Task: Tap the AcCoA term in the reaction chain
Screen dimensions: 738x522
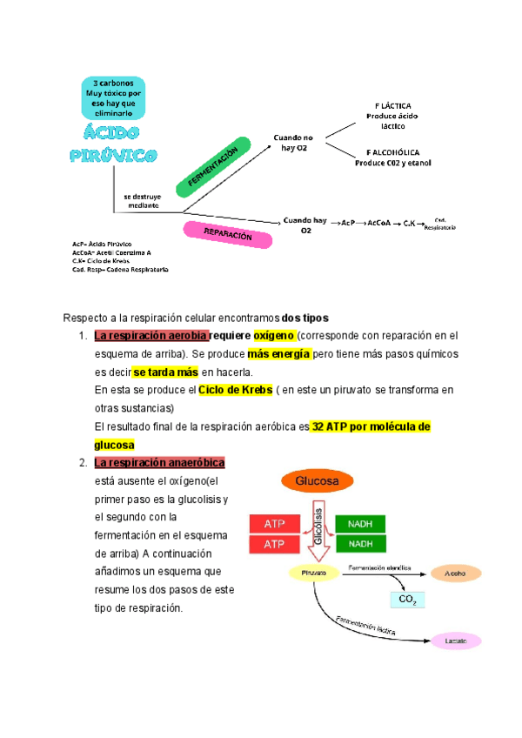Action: [378, 223]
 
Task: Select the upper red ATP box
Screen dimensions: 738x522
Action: [276, 524]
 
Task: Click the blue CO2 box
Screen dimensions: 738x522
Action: [406, 600]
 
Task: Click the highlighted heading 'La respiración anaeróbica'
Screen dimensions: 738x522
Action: [159, 462]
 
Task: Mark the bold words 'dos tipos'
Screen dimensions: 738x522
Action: [304, 316]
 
